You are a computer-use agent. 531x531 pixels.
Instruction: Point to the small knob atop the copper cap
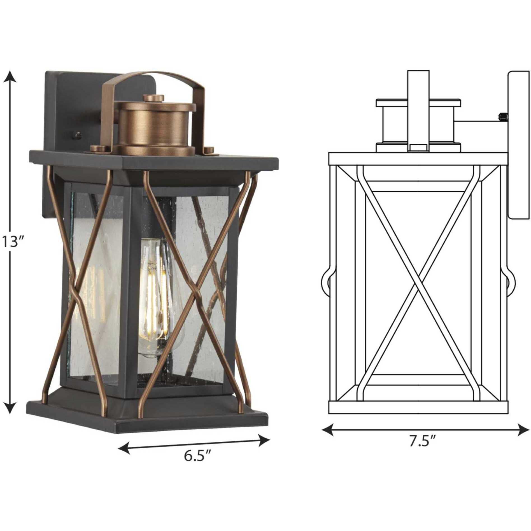click(x=153, y=98)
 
